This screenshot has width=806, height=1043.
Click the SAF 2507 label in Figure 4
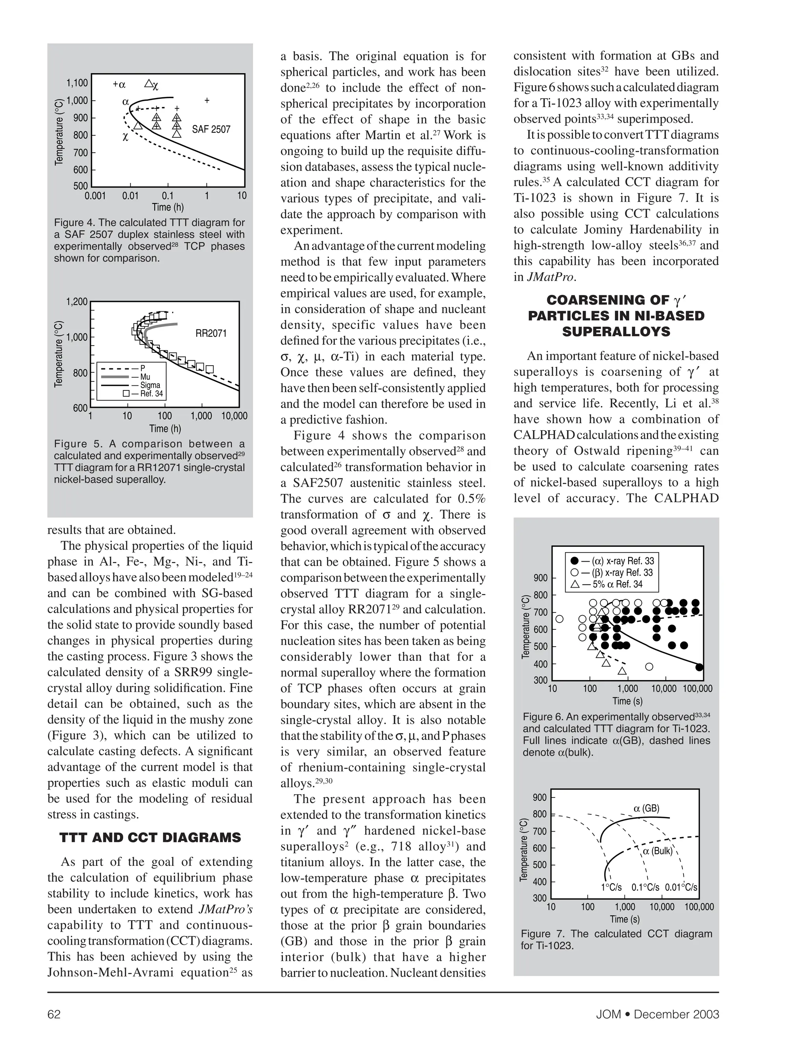211,129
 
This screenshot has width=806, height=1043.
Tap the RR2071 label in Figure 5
211,333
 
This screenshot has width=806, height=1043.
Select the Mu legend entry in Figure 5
145,377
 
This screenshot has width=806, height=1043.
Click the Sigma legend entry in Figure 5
150,385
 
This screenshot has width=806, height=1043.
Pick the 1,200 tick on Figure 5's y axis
77,302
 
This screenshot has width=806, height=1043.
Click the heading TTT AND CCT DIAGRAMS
150,837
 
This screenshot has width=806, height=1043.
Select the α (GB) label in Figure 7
646,808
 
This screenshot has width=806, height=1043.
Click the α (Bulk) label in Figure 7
658,851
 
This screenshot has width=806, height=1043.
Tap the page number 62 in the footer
54,1014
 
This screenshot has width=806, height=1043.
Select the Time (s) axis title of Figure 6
627,701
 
